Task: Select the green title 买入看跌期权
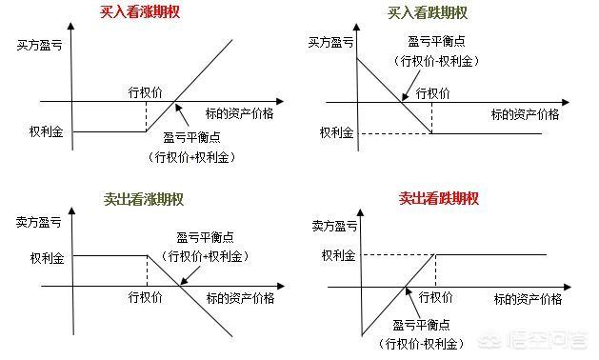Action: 428,13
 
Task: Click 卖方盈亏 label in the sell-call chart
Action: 41,223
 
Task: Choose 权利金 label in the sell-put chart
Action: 338,254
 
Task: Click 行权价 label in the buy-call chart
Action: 146,92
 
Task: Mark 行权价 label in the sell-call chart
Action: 147,297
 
